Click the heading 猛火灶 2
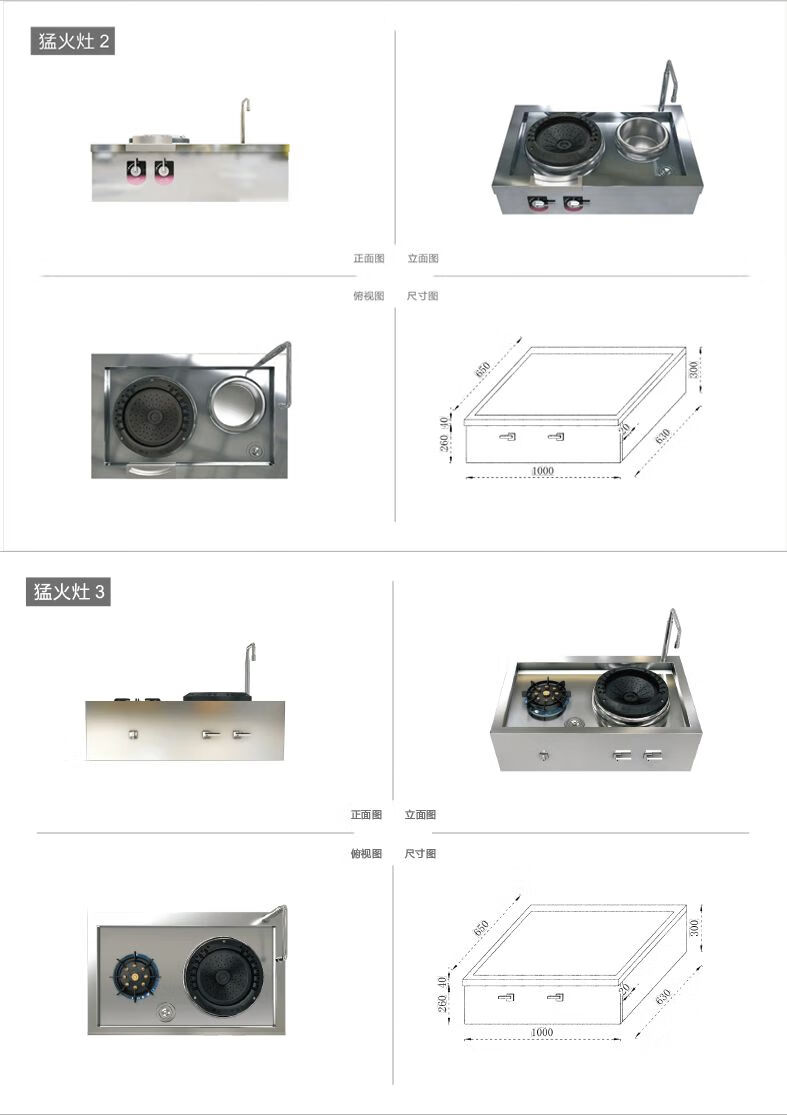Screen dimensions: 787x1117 pyautogui.click(x=72, y=42)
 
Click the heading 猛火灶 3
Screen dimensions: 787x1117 pyautogui.click(x=68, y=591)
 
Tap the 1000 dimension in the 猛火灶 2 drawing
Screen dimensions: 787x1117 pyautogui.click(x=543, y=471)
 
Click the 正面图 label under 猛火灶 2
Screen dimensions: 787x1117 pyautogui.click(x=368, y=258)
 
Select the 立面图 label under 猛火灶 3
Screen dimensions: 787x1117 pyautogui.click(x=420, y=815)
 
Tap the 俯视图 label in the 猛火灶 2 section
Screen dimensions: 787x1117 pyautogui.click(x=368, y=296)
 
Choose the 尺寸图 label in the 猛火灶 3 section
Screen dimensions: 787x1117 pyautogui.click(x=420, y=854)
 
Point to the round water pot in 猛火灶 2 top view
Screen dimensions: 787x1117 pyautogui.click(x=238, y=405)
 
